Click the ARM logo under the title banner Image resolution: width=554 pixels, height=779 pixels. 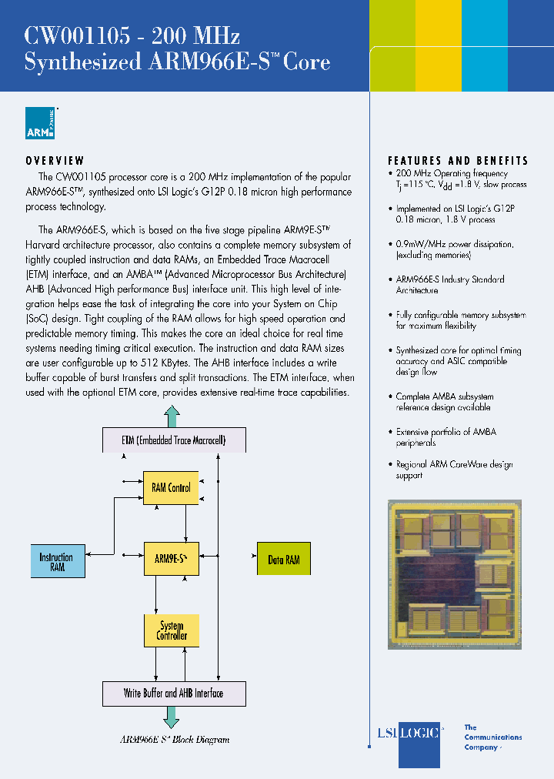(x=41, y=123)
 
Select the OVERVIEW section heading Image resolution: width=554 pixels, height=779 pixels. (x=55, y=161)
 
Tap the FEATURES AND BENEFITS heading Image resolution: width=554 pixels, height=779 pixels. (x=458, y=161)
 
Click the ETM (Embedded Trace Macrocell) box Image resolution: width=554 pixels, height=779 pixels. (x=174, y=441)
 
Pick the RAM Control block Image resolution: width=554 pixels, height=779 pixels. (x=171, y=488)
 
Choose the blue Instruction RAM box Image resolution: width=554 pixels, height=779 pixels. (x=56, y=562)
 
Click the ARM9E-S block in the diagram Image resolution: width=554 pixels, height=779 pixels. (x=171, y=559)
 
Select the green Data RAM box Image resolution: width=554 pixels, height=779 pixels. (x=283, y=560)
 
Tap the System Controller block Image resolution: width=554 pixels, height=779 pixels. (x=171, y=631)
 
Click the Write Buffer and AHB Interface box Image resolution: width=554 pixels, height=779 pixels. (x=174, y=694)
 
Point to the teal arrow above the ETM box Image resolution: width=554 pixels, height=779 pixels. (x=172, y=417)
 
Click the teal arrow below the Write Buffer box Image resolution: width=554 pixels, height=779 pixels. (x=171, y=718)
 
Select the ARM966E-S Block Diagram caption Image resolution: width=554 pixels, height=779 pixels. (x=174, y=740)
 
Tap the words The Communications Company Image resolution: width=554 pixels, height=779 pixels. (x=492, y=737)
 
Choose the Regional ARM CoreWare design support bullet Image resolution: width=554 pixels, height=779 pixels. (x=453, y=470)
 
